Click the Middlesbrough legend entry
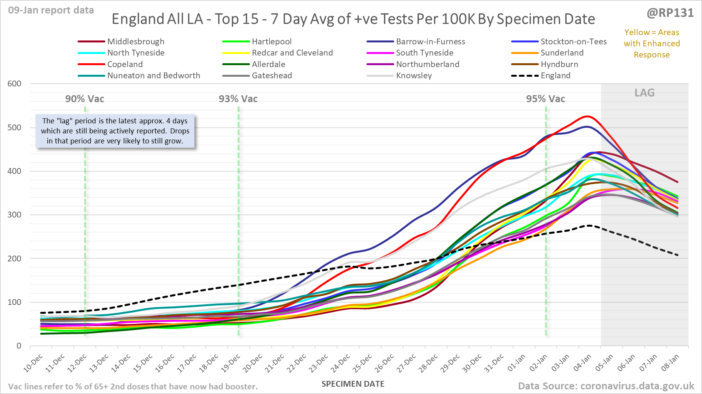pos(135,42)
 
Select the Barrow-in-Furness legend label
pos(430,42)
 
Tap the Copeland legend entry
pos(125,64)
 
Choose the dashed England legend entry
pos(555,76)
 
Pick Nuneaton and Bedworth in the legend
pos(153,76)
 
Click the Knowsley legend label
pos(413,76)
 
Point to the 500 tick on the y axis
pos(14,128)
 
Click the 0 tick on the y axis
pos(19,346)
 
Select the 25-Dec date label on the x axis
pos(363,363)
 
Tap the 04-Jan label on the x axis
pos(582,363)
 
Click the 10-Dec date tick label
pos(33,363)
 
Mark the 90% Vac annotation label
pos(84,99)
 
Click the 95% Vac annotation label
pos(545,99)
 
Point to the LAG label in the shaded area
pos(645,93)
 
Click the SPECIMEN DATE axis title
pos(353,384)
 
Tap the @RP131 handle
pos(670,13)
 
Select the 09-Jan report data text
pos(51,10)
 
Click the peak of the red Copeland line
pos(587,116)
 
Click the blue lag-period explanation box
pos(115,131)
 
